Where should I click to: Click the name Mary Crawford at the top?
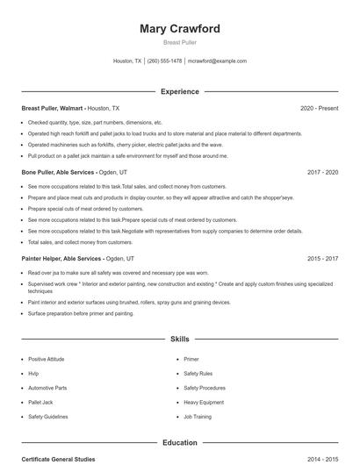pos(180,29)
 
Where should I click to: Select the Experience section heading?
pos(180,91)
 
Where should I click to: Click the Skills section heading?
pos(180,339)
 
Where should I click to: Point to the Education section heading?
pos(180,442)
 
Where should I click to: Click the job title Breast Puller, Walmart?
pos(52,108)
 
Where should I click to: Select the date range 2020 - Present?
pos(319,108)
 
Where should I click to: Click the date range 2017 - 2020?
pos(322,173)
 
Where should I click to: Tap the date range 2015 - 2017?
pos(322,259)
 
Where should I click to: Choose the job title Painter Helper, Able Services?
pos(61,259)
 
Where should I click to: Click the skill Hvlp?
pos(33,373)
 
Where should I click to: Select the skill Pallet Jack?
pos(41,402)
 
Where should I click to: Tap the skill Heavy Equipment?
pos(205,402)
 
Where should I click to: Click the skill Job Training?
pos(198,417)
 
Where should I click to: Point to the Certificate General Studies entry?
pos(58,459)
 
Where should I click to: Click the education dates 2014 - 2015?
pos(322,459)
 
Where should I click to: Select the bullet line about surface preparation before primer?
pos(81,313)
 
